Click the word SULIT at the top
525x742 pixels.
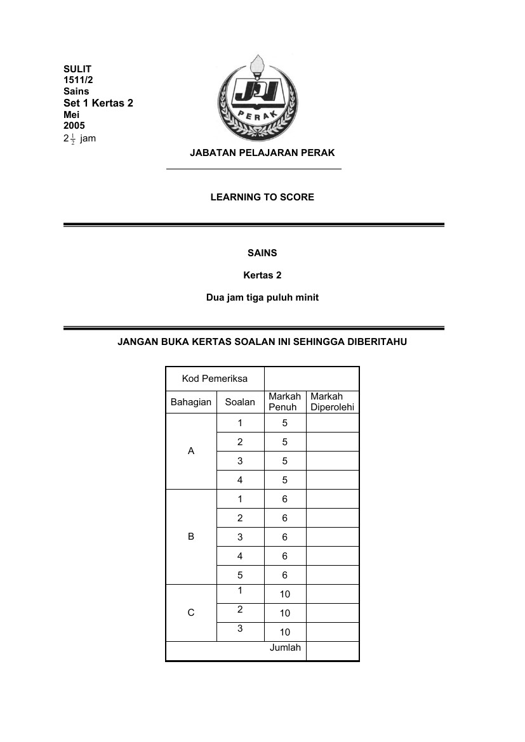[77, 68]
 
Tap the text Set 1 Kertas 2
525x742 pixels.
[98, 103]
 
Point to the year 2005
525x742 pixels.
[74, 126]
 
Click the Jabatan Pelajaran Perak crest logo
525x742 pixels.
[257, 99]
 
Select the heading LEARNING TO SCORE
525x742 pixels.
[262, 197]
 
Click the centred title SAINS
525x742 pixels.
[262, 253]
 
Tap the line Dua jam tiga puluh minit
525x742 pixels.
[262, 297]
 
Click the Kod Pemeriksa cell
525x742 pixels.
[215, 379]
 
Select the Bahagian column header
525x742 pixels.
[190, 402]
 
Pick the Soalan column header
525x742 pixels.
[240, 402]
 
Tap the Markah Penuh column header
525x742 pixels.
[284, 402]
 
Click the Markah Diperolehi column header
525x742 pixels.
[332, 402]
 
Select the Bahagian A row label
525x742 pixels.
[191, 452]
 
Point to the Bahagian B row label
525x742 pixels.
[191, 537]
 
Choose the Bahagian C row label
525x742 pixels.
[191, 613]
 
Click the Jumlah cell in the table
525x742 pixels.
[285, 648]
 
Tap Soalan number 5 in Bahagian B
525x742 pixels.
[240, 575]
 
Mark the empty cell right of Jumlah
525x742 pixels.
[333, 651]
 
